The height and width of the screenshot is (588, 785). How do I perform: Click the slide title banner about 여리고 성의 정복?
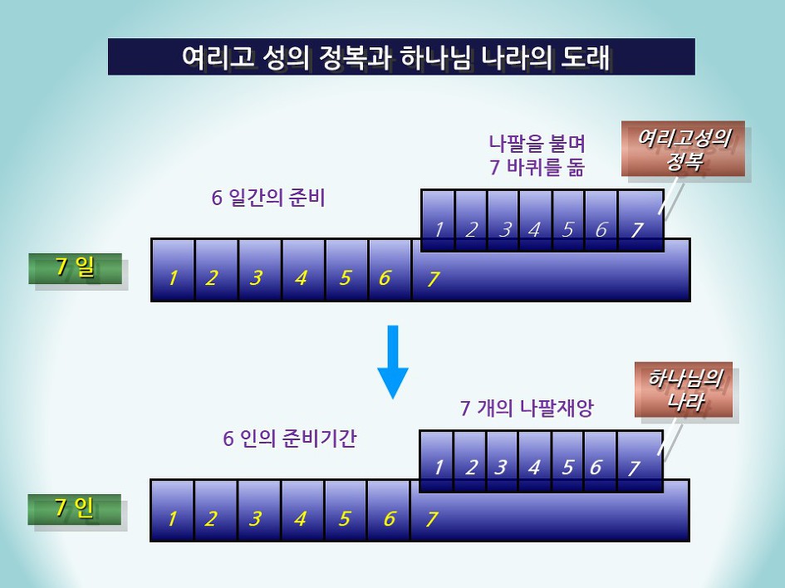pos(401,56)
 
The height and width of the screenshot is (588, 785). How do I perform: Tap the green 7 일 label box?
pos(75,268)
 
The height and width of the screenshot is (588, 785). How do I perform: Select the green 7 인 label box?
pos(74,509)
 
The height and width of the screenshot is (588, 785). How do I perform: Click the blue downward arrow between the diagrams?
pos(393,361)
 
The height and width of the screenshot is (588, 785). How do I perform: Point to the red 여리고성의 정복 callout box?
pos(682,149)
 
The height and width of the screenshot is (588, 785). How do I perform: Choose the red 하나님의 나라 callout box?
pos(684,390)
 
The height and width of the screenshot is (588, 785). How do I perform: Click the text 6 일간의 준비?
pos(267,198)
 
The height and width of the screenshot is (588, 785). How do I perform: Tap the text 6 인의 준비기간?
pos(289,438)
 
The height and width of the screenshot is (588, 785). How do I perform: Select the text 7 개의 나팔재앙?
pos(527,408)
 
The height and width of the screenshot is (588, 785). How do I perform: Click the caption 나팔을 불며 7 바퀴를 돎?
pos(537,154)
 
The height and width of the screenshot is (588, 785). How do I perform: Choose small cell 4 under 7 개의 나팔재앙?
pos(534,462)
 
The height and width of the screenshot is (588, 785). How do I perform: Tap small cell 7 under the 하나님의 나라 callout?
pos(639,462)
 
